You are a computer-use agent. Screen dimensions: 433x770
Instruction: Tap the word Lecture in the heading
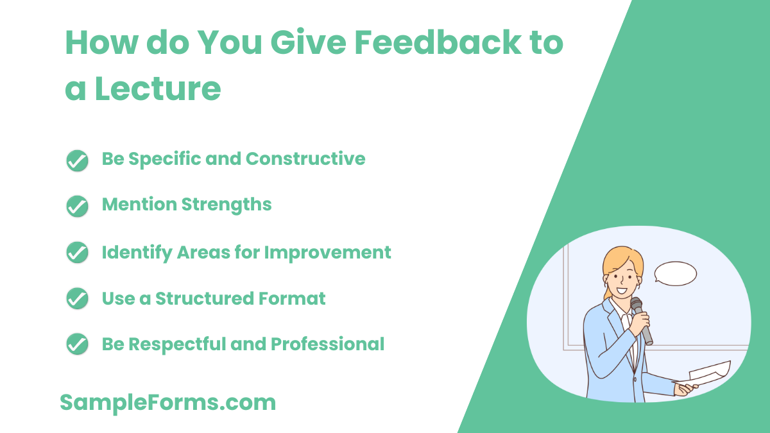point(158,89)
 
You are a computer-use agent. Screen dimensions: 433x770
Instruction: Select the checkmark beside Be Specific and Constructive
point(77,160)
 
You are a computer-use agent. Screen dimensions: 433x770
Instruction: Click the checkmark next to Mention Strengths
point(77,206)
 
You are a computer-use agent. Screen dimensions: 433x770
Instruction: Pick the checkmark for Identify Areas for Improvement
point(77,253)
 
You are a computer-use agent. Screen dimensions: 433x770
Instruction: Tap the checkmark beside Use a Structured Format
point(77,299)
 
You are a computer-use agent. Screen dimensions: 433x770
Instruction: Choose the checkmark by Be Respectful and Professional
point(77,345)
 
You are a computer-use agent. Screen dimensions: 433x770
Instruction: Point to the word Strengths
point(226,205)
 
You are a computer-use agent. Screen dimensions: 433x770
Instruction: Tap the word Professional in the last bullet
point(327,344)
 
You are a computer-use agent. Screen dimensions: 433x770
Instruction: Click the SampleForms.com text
point(167,403)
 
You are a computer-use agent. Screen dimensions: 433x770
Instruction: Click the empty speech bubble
point(675,273)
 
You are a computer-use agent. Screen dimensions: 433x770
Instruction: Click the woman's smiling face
point(619,280)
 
